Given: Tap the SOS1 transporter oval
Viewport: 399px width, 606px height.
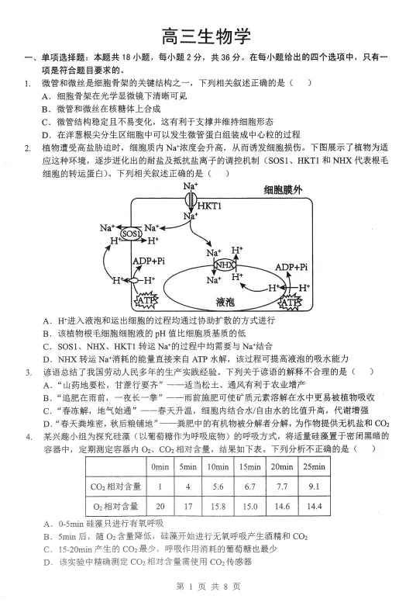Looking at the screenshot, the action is coord(131,234).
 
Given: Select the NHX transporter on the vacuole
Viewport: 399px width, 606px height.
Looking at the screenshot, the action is coord(224,265).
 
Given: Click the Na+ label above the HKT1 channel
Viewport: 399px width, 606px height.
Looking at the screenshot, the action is coord(191,186).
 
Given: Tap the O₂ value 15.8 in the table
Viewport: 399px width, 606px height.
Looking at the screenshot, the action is coord(218,507).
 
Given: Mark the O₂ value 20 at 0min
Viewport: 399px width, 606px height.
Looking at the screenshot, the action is coord(160,507).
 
